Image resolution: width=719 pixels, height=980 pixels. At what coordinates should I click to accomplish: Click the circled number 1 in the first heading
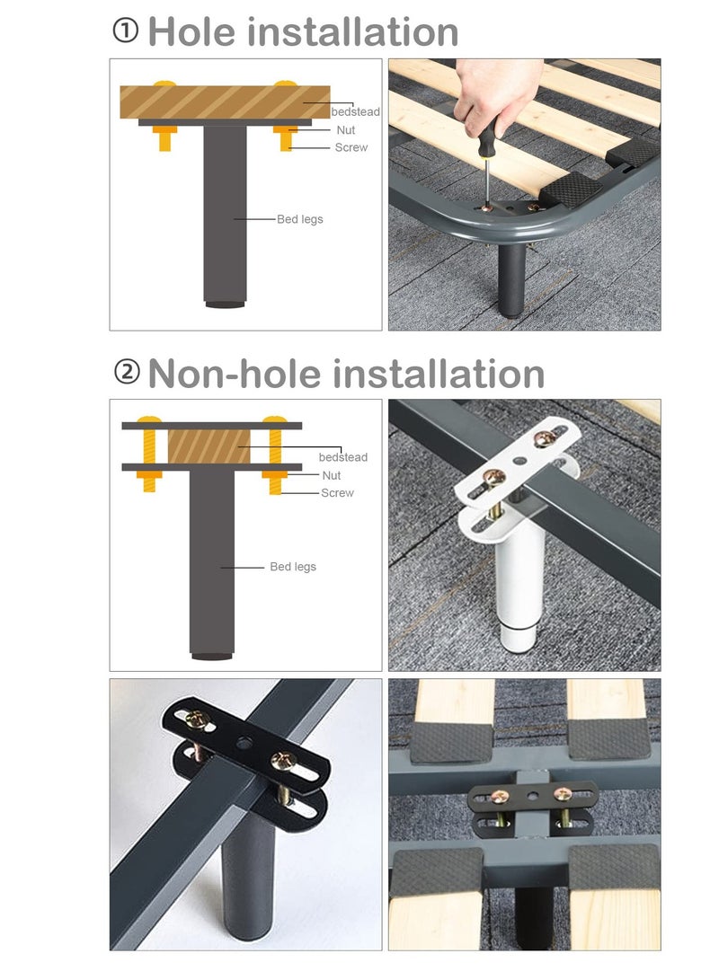[125, 31]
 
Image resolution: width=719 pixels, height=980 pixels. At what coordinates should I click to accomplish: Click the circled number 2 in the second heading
[127, 373]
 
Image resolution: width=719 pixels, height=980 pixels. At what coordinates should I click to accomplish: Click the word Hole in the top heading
[191, 31]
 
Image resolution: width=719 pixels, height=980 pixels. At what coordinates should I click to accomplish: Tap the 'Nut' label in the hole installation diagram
[346, 130]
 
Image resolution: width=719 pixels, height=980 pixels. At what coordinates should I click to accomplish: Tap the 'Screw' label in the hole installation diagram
[351, 147]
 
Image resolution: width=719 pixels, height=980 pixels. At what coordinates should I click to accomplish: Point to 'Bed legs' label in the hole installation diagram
[299, 219]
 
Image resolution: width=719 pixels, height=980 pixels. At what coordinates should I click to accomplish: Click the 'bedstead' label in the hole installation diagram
[355, 112]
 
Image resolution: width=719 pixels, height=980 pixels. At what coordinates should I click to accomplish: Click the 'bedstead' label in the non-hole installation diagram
[342, 457]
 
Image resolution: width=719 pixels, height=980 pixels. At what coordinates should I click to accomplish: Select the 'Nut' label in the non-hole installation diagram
[331, 475]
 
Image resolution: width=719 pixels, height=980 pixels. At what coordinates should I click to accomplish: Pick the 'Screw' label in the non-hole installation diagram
[337, 492]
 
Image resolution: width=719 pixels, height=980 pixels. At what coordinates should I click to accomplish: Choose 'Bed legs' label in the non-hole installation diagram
[293, 567]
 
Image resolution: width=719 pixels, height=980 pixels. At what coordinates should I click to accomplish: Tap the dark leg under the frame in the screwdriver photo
[511, 278]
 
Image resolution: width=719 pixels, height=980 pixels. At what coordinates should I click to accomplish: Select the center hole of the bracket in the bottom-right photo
[535, 794]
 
